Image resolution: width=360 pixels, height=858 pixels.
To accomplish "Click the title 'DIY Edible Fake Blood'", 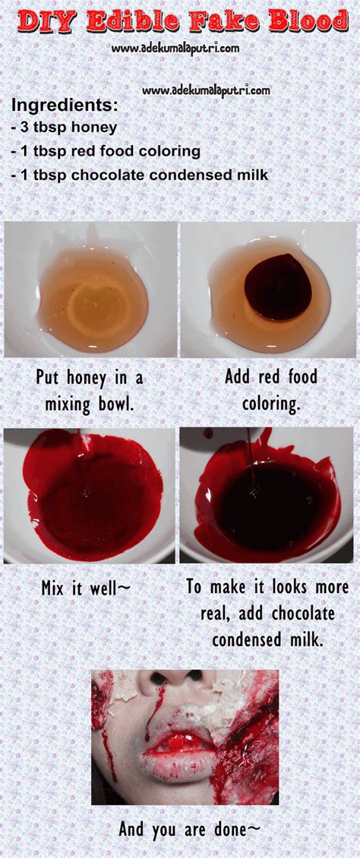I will (182, 23).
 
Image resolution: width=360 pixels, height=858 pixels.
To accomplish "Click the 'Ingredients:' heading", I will (65, 105).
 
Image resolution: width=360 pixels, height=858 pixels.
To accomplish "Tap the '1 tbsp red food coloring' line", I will (106, 151).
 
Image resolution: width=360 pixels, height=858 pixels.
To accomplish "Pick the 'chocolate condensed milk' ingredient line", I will (140, 175).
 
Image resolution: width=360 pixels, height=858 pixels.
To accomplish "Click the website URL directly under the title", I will (175, 48).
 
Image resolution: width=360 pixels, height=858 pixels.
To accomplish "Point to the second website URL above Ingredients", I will (206, 90).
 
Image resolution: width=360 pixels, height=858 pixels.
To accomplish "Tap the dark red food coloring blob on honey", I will (277, 287).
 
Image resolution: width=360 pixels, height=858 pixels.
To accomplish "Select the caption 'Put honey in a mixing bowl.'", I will (90, 389).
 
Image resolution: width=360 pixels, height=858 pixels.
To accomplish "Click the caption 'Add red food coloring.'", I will (271, 389).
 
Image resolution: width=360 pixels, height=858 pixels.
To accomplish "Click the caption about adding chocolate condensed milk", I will (267, 613).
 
